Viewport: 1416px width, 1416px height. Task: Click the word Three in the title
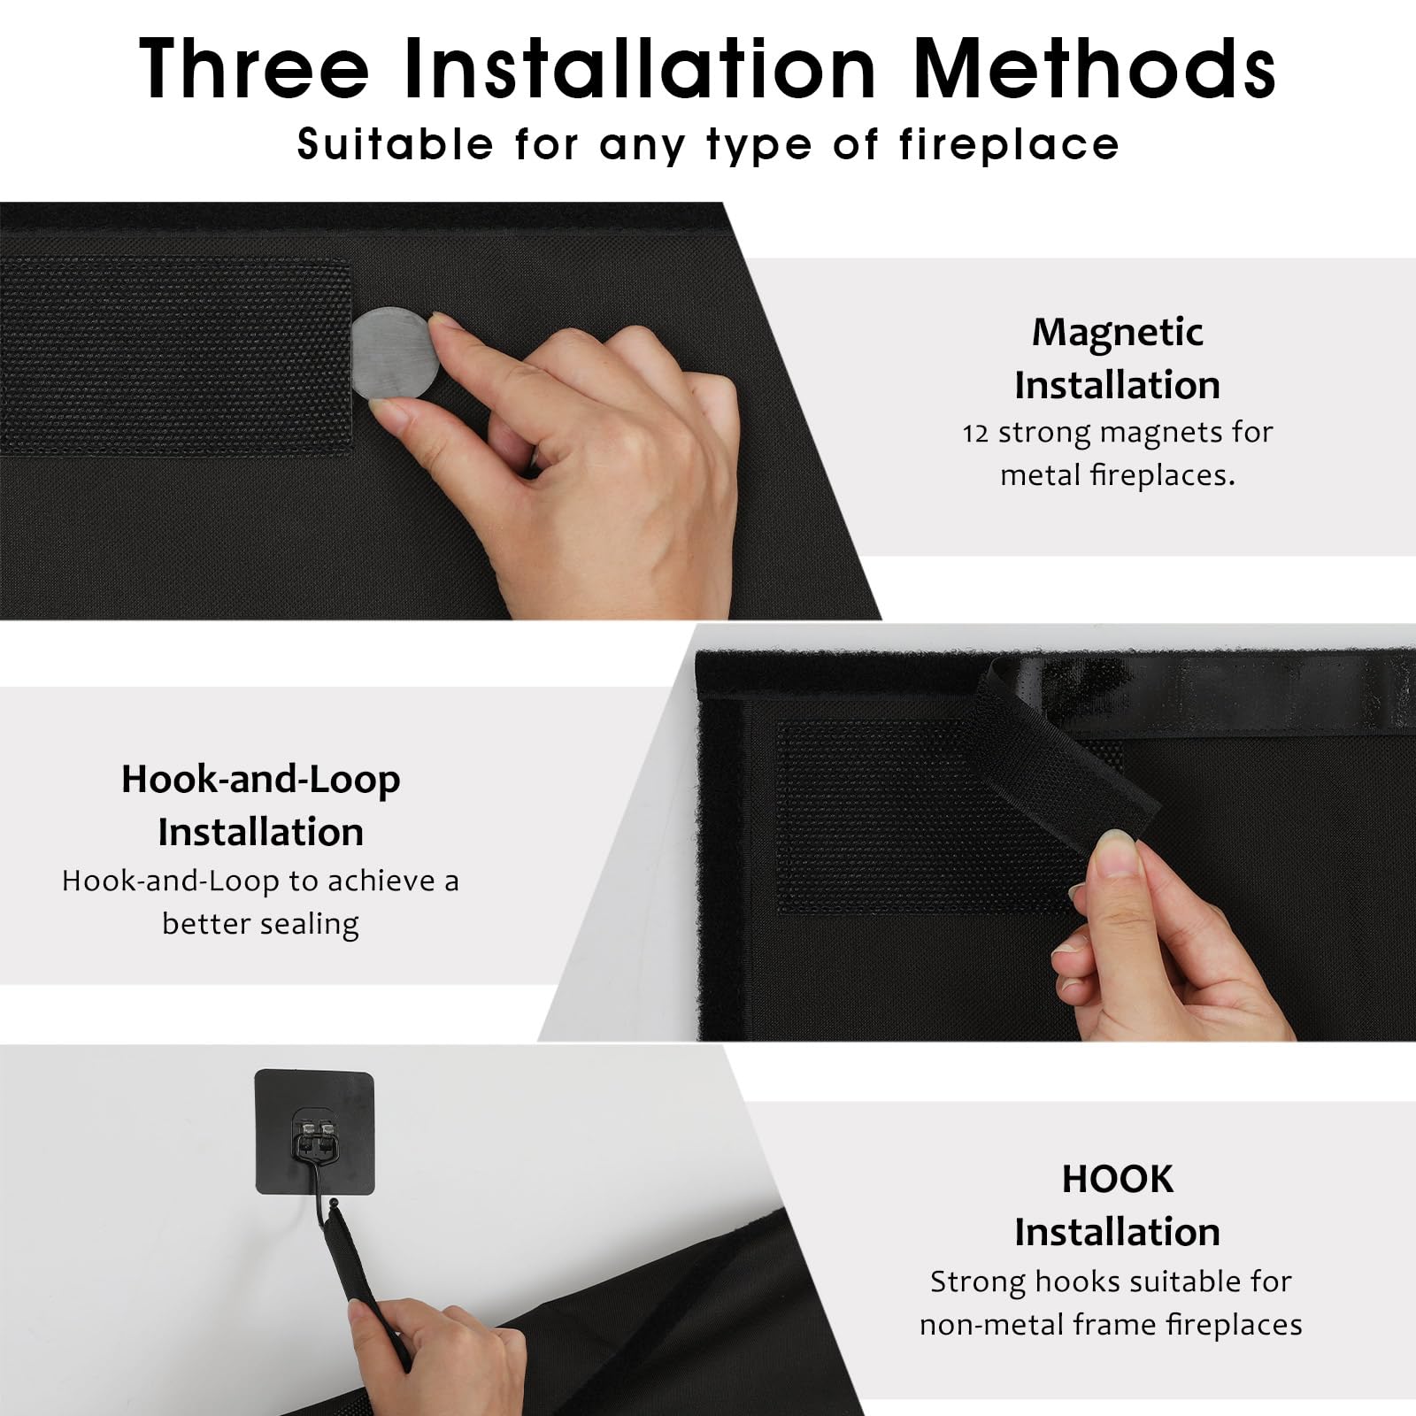click(254, 68)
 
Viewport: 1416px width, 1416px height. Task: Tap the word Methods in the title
click(1094, 68)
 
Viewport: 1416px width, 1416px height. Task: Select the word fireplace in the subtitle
click(1010, 144)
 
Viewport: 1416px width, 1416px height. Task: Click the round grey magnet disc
click(395, 354)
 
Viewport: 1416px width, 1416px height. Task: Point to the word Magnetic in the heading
click(1117, 333)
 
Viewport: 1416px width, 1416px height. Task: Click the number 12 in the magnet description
click(975, 433)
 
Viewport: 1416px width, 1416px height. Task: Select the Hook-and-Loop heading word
click(261, 780)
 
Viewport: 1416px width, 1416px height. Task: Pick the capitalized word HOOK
click(1118, 1180)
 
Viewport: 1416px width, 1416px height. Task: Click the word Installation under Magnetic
click(1117, 386)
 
